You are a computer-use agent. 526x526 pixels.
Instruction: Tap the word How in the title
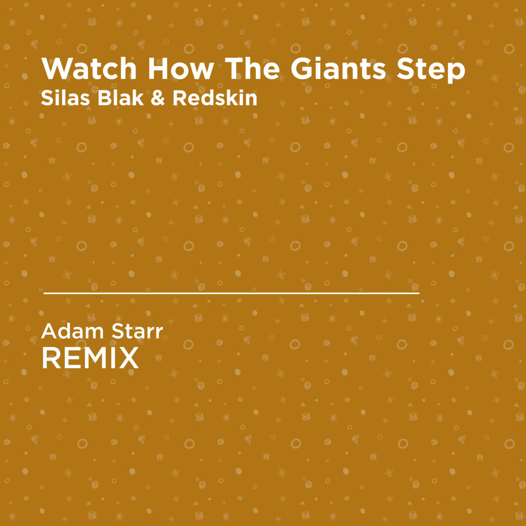pos(181,69)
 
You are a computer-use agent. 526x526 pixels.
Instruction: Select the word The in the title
pos(252,68)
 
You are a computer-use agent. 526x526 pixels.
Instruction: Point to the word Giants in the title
pos(338,68)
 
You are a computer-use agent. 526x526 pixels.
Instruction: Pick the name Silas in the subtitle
pos(65,98)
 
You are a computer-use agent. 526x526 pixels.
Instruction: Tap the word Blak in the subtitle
pos(121,98)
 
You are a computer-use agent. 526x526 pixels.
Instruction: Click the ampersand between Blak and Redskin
pos(158,98)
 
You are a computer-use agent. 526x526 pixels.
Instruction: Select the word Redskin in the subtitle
pos(215,98)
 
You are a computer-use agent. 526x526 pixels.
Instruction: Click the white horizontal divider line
pos(231,293)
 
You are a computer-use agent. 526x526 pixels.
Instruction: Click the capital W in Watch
pos(57,68)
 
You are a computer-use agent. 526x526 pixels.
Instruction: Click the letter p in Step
pos(456,74)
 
